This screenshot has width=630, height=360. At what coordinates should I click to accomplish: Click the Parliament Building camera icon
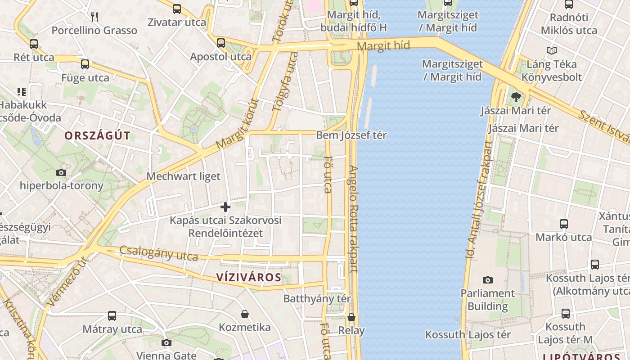click(488, 280)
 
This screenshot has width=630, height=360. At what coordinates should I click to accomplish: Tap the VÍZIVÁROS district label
click(249, 277)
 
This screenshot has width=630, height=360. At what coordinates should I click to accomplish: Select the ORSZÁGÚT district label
click(97, 135)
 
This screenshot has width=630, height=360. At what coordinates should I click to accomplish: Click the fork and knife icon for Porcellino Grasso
click(94, 17)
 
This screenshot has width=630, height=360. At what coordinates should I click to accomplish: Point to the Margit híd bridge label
click(384, 45)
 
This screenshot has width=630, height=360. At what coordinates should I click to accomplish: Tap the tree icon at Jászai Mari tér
click(516, 97)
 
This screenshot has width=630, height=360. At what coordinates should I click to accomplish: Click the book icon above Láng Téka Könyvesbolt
click(552, 51)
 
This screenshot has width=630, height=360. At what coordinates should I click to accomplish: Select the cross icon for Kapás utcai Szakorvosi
click(225, 207)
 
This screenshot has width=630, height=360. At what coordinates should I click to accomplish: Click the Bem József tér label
click(351, 135)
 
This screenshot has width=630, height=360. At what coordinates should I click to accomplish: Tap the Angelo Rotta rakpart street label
click(353, 219)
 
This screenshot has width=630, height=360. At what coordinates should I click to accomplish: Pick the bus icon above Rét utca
click(34, 44)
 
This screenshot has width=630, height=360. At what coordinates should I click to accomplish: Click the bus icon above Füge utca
click(85, 64)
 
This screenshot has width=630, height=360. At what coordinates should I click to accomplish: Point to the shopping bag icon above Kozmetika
click(245, 314)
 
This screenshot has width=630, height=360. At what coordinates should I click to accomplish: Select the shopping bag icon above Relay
click(351, 317)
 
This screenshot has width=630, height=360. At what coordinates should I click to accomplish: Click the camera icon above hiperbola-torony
click(61, 172)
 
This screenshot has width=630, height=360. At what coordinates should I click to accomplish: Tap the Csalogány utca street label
click(158, 254)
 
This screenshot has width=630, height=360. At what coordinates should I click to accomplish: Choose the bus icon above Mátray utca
click(112, 316)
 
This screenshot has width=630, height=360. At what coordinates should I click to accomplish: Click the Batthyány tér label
click(317, 298)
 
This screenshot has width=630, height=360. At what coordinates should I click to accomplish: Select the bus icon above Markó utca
click(563, 224)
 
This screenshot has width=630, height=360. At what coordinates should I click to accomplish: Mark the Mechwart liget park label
click(184, 176)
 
